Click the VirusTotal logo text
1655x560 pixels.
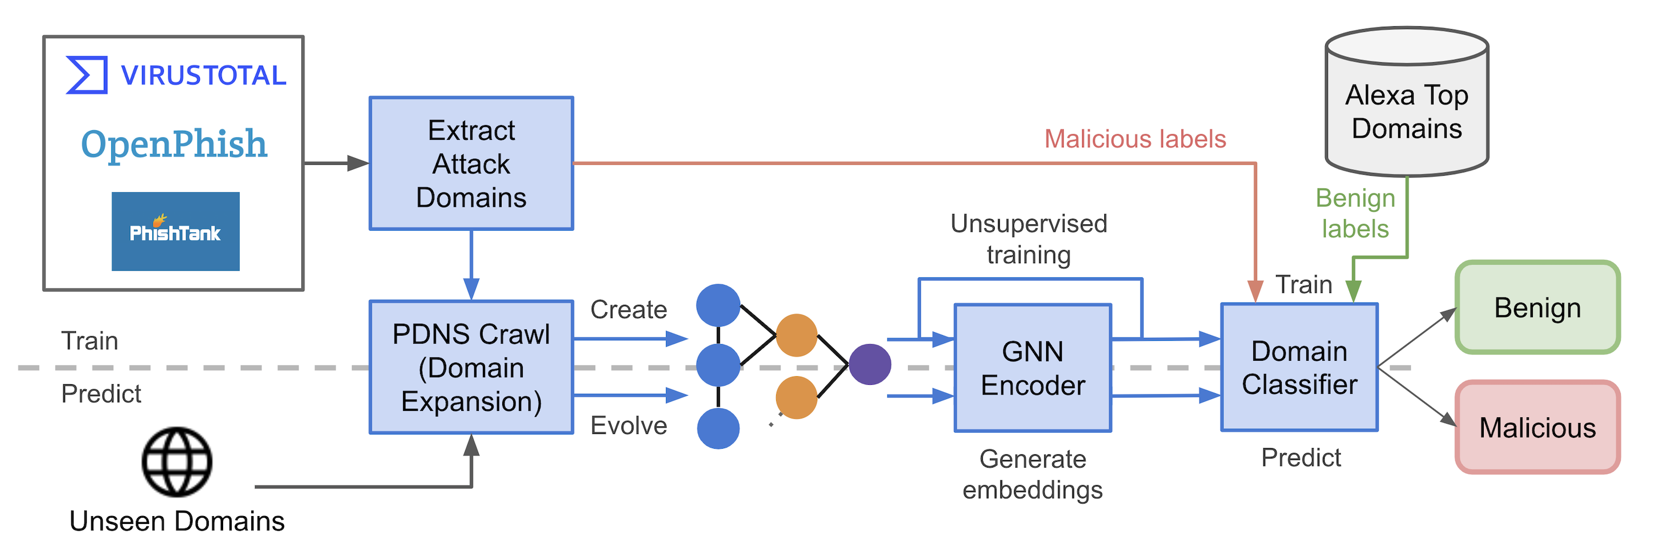(x=203, y=75)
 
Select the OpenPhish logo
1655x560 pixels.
(x=173, y=143)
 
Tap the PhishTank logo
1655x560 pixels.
(x=175, y=231)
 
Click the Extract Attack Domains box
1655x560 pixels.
(x=471, y=164)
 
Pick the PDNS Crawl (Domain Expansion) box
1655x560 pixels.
(x=471, y=367)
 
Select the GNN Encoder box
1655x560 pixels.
(x=1032, y=368)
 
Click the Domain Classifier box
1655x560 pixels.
(x=1298, y=367)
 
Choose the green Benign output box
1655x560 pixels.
(x=1537, y=307)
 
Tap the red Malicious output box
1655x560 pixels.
(x=1537, y=428)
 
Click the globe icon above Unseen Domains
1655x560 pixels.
(x=177, y=462)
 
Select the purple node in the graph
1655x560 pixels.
(x=870, y=364)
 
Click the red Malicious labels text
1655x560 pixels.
(x=1135, y=139)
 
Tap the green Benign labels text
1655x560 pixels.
(x=1355, y=213)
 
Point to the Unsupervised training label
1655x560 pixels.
(x=1028, y=239)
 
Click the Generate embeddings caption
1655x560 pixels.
(x=1032, y=474)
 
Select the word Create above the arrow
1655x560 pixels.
(x=628, y=309)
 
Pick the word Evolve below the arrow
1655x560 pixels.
(x=628, y=426)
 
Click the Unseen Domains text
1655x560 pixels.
(x=177, y=521)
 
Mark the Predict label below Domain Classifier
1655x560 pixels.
(x=1301, y=458)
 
